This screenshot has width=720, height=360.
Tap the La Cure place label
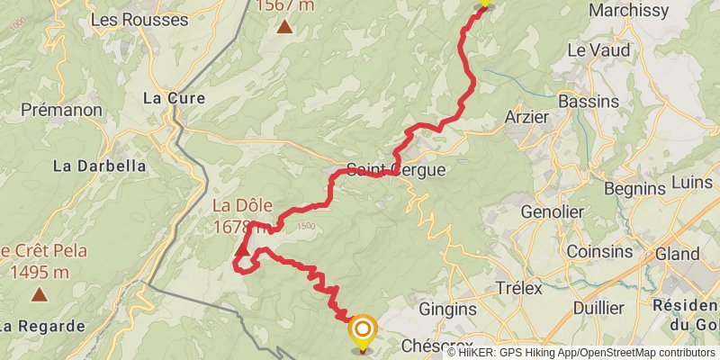175,98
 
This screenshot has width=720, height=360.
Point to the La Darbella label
99,166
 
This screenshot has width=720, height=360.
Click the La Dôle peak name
242,205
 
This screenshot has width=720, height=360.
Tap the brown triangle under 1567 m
284,26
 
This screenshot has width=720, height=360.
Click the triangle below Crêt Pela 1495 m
40,293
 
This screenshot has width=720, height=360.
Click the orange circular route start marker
362,329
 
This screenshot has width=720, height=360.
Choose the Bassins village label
588,101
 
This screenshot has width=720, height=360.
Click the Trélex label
519,288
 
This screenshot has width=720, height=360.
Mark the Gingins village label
447,309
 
